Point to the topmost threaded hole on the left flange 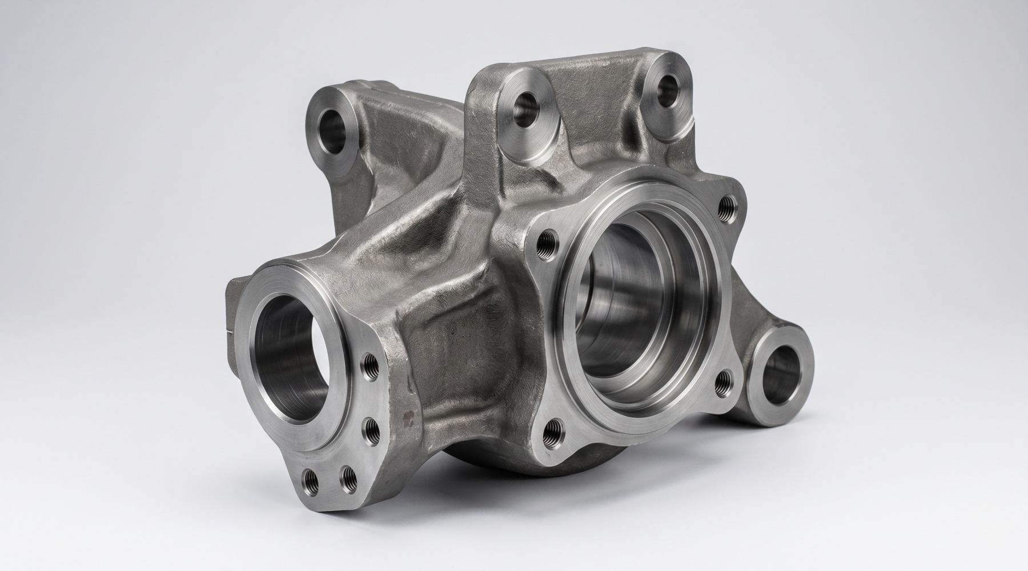[370, 363]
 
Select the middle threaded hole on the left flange [371, 427]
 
